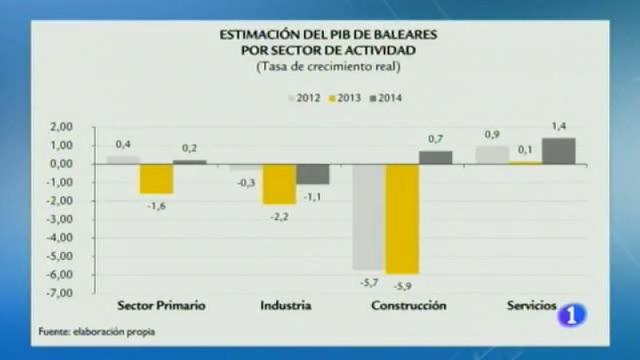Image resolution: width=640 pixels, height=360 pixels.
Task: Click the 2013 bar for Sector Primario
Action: [157, 178]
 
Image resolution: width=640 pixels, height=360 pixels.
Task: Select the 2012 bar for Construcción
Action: [368, 216]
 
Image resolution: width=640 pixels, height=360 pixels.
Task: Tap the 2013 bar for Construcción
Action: [402, 218]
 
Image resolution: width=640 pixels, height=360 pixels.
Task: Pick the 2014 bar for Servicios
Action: [558, 150]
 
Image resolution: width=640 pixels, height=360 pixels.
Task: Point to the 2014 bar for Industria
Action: [313, 174]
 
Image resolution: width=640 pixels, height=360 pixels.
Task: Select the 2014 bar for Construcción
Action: [435, 157]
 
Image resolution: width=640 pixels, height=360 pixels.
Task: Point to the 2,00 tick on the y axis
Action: [62, 127]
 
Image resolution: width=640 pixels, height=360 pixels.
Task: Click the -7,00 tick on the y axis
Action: [61, 293]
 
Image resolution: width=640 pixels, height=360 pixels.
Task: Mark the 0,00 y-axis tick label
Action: [62, 164]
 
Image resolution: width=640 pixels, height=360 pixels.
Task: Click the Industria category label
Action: [286, 306]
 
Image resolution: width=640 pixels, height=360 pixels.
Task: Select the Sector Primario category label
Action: [161, 306]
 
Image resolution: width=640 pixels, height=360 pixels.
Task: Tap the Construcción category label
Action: [409, 306]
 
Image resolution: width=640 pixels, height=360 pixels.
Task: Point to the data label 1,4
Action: [558, 126]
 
